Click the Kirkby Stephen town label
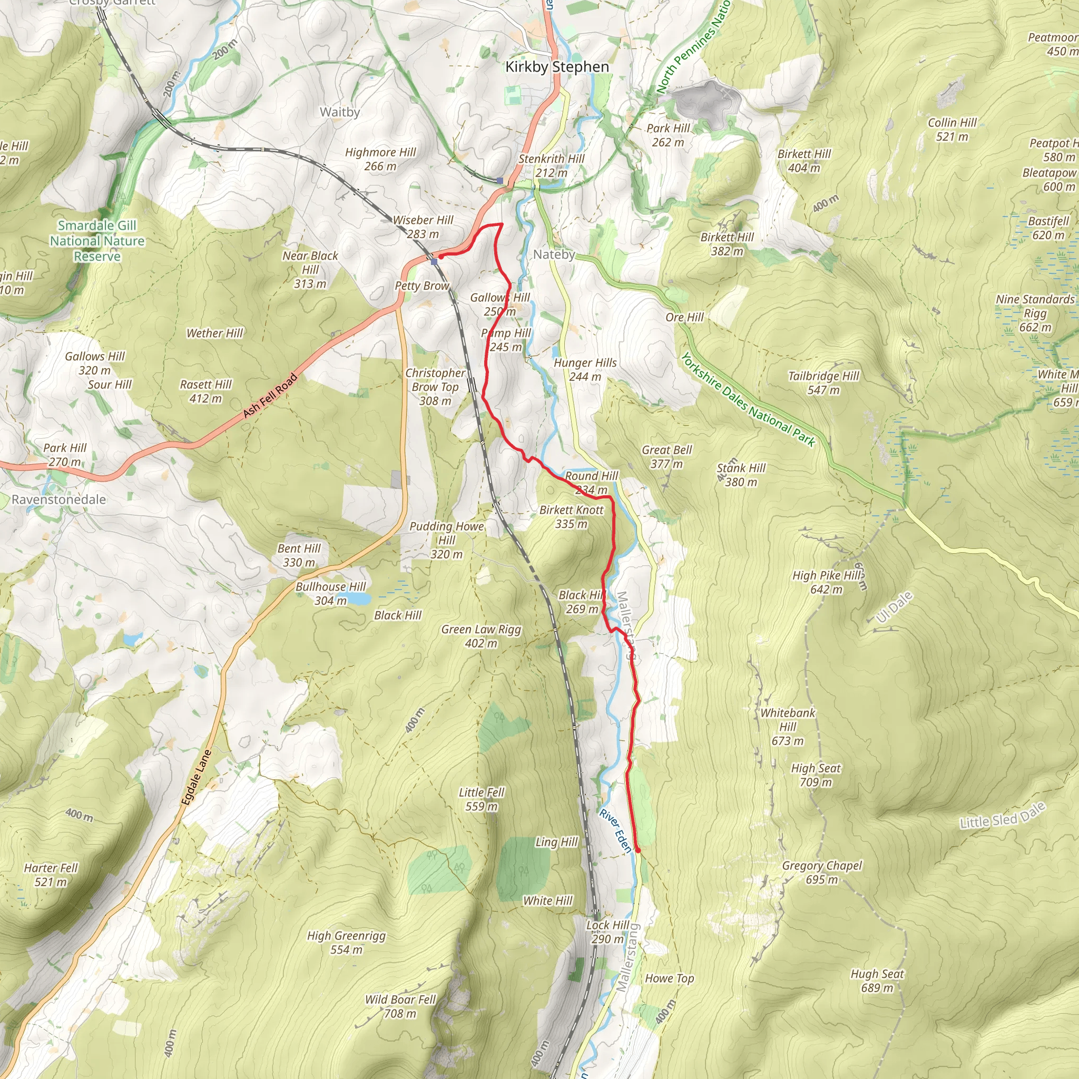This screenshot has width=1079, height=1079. pyautogui.click(x=557, y=67)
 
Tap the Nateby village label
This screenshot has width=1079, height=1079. pyautogui.click(x=554, y=254)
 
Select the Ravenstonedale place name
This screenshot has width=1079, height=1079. pyautogui.click(x=58, y=499)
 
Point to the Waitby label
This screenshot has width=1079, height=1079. pyautogui.click(x=340, y=112)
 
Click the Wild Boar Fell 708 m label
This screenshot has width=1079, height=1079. pyautogui.click(x=400, y=1006)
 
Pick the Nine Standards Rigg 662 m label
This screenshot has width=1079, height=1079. pyautogui.click(x=1035, y=313)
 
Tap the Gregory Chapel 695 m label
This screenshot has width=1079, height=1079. pyautogui.click(x=821, y=872)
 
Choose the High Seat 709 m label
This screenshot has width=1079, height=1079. pyautogui.click(x=816, y=775)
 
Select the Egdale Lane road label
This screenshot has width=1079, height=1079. pyautogui.click(x=197, y=778)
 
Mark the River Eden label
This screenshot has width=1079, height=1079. pyautogui.click(x=615, y=831)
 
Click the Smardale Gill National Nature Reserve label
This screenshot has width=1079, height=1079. pyautogui.click(x=97, y=241)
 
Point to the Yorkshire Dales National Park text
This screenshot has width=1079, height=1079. pyautogui.click(x=748, y=400)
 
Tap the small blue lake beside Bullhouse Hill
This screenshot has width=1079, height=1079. pyautogui.click(x=360, y=599)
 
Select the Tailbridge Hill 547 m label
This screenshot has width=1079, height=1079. pyautogui.click(x=823, y=383)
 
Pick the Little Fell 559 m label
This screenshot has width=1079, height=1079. pyautogui.click(x=482, y=799)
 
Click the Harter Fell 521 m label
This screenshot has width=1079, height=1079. pyautogui.click(x=51, y=875)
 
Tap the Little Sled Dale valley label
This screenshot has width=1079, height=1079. pyautogui.click(x=1002, y=816)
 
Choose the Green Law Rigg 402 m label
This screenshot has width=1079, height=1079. pyautogui.click(x=481, y=636)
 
